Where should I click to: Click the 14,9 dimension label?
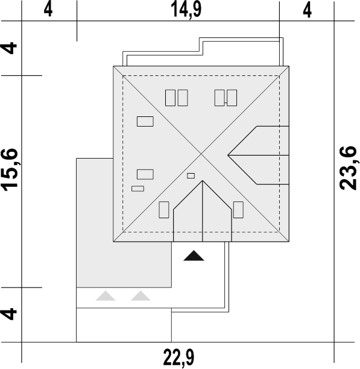pos(186,10)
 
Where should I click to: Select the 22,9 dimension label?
pos(179,357)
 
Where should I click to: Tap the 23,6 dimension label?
pos(348,168)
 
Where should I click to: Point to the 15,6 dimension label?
pos(10,169)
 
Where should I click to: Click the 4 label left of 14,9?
pos(48,10)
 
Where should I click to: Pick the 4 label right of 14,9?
pos(308,10)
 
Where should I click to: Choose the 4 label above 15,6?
pos(9,48)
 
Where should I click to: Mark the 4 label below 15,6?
pos(9,314)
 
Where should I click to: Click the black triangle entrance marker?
pos(194,256)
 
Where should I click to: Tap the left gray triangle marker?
pos(106,296)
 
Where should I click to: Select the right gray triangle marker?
pos(141,296)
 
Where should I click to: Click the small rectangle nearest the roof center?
pos(191,176)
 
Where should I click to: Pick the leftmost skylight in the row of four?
pos(170,98)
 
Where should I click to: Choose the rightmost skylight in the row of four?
pos(232,98)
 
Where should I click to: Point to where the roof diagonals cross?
pos(201,154)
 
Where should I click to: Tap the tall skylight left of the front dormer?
pos(164,210)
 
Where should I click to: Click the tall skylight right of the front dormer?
pos(238,210)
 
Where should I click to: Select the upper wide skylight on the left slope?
pos(145,121)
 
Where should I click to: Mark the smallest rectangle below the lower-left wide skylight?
pos(137,189)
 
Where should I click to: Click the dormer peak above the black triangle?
pos(203,181)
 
